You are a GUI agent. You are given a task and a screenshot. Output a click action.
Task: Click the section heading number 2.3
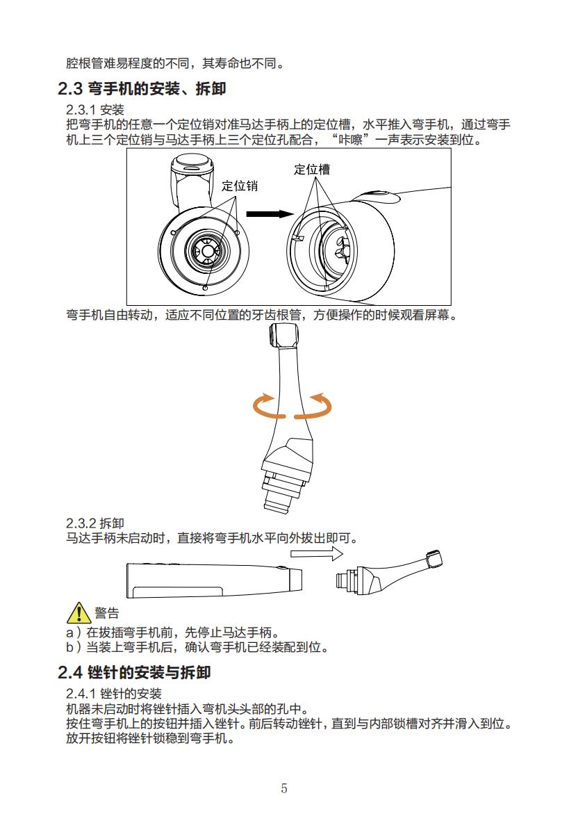coord(69,90)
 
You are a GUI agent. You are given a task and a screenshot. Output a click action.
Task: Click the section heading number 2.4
coord(69,673)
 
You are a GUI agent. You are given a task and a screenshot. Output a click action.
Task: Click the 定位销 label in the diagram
coord(240,186)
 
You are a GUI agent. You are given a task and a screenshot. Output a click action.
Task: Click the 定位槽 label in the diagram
coord(312,170)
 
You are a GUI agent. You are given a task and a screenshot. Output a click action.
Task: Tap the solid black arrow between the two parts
coord(266,214)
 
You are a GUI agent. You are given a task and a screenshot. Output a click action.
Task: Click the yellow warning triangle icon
coord(79,612)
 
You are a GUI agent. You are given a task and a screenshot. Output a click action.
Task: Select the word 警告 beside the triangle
coord(107,613)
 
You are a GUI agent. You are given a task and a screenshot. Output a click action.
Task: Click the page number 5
coord(284,788)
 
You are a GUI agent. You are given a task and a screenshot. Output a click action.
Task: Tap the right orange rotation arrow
coord(318,406)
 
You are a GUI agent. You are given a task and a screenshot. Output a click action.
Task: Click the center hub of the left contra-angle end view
coord(206,249)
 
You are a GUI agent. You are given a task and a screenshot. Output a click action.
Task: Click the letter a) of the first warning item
coord(71,633)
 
